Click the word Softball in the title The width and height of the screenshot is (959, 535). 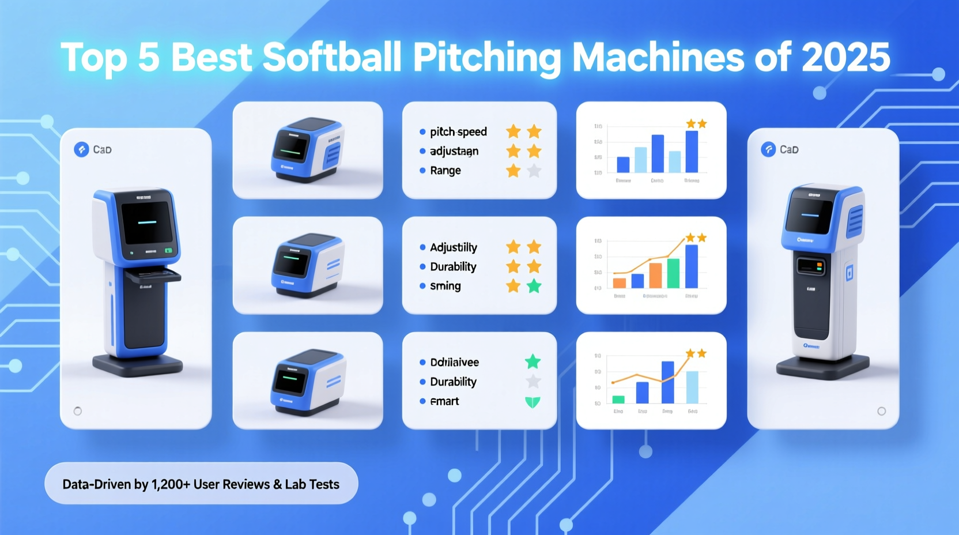[331, 58]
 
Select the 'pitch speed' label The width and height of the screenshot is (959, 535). [458, 132]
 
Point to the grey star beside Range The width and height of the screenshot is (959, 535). [534, 171]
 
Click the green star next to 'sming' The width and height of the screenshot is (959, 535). [534, 286]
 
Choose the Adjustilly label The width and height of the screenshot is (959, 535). [454, 247]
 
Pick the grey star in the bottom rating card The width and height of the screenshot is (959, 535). [534, 382]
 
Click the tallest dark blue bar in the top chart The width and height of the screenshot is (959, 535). [692, 152]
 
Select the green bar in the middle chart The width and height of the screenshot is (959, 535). [673, 273]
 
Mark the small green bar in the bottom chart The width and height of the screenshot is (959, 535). [618, 399]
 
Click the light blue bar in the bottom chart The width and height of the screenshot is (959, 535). [692, 387]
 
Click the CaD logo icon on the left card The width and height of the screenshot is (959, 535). [81, 150]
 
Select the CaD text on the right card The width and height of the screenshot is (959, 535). [789, 150]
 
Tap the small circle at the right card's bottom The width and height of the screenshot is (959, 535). [881, 411]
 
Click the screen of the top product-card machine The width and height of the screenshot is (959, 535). [291, 145]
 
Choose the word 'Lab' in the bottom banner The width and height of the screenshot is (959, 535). [295, 484]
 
